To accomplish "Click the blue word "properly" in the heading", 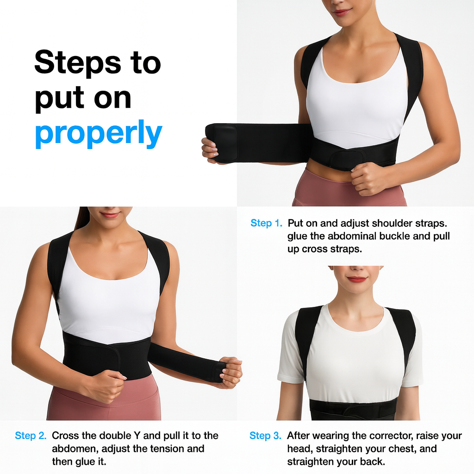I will click(x=98, y=134).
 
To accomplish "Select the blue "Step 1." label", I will click(x=266, y=223).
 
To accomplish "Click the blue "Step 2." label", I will click(x=31, y=436).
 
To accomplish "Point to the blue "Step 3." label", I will click(x=265, y=436).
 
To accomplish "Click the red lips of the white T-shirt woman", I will click(x=357, y=280).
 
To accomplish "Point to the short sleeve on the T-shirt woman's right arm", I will click(x=288, y=352).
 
